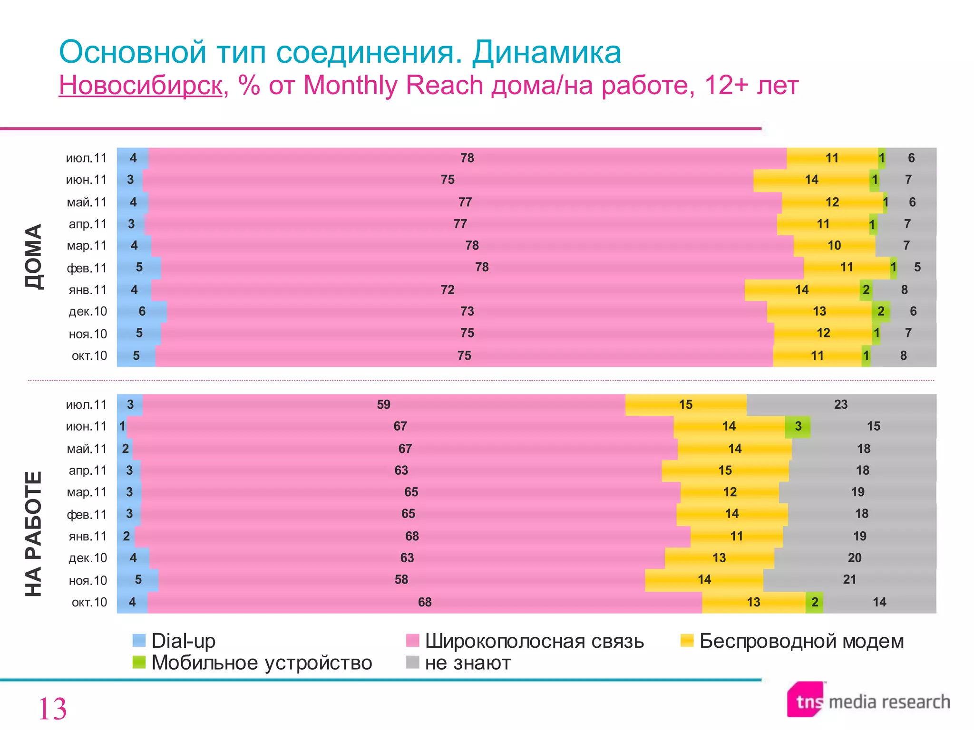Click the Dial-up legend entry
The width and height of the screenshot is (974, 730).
click(x=183, y=641)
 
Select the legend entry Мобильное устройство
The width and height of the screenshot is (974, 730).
click(x=261, y=663)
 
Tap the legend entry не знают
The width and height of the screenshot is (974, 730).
click(x=467, y=663)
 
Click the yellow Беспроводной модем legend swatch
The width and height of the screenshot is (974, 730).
click(x=687, y=641)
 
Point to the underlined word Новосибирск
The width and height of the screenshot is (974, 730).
click(x=141, y=86)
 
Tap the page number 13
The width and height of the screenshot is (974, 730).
click(x=52, y=709)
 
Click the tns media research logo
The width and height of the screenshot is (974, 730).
click(x=868, y=701)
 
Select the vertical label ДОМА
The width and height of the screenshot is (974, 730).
click(x=34, y=257)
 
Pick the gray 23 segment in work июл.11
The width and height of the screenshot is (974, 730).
click(x=841, y=405)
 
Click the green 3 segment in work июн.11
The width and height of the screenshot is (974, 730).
click(x=798, y=426)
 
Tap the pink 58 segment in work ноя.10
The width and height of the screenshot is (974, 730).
click(x=401, y=580)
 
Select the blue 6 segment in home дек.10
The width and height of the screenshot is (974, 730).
click(x=142, y=312)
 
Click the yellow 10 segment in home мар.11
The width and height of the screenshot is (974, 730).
click(x=834, y=246)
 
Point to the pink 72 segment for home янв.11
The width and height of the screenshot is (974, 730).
click(x=448, y=290)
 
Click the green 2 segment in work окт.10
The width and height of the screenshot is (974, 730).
click(x=814, y=602)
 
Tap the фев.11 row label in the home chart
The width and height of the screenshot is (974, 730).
click(x=87, y=268)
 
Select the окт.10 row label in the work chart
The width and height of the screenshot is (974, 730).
click(x=89, y=603)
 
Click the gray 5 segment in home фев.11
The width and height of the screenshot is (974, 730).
click(x=917, y=268)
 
